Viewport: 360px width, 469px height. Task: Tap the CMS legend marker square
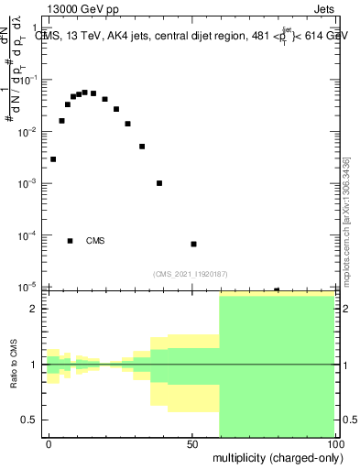coord(71,241)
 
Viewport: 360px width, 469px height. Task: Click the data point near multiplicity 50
coord(194,244)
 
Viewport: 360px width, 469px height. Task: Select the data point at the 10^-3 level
coord(159,183)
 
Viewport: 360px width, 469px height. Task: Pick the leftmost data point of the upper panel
coord(53,159)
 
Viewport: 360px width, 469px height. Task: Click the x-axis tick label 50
coord(192,442)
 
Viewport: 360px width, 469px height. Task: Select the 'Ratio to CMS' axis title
coord(12,365)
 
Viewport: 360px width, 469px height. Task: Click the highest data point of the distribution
coord(84,93)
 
